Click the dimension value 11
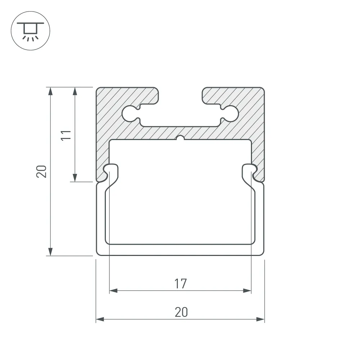click(x=66, y=135)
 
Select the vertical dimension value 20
click(x=41, y=171)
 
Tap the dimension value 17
click(x=180, y=284)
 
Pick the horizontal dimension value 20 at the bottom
click(x=181, y=312)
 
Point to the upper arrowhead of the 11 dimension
click(x=75, y=91)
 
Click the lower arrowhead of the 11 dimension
click(x=75, y=178)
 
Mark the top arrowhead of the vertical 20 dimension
click(x=50, y=91)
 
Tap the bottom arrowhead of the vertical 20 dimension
click(x=50, y=252)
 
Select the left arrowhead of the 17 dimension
click(x=113, y=291)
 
